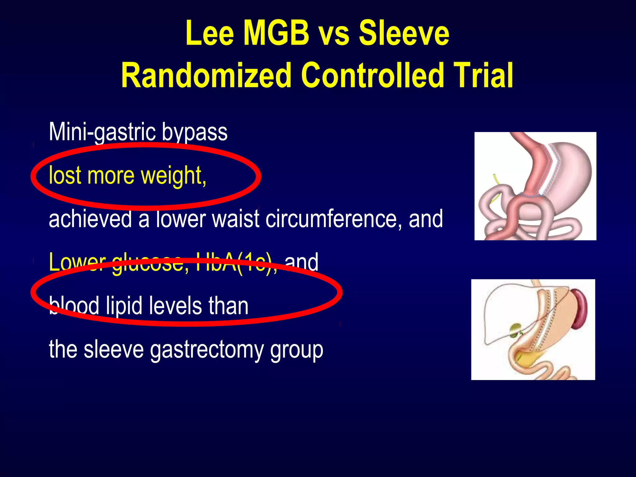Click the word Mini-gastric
pyautogui.click(x=102, y=132)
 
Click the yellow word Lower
pyautogui.click(x=77, y=262)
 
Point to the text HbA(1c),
pyautogui.click(x=236, y=262)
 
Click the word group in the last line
pyautogui.click(x=297, y=350)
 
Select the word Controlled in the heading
pyautogui.click(x=373, y=75)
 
